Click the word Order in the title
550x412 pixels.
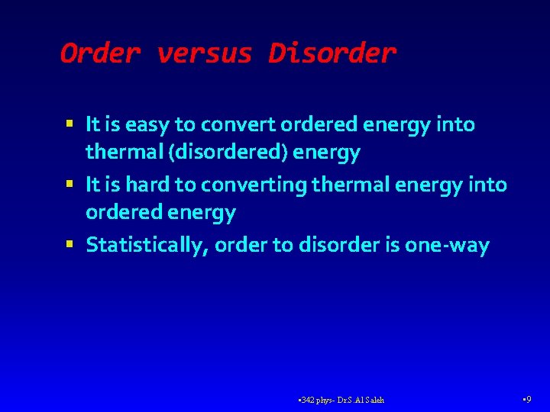point(100,53)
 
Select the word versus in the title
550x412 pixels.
point(204,53)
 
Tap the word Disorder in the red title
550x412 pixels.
point(332,53)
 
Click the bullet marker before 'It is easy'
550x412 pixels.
point(70,123)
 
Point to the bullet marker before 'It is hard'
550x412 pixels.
point(70,184)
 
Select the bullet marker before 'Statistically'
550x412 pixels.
point(70,244)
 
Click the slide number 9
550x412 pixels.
point(529,399)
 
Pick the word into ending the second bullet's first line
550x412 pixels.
point(490,185)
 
